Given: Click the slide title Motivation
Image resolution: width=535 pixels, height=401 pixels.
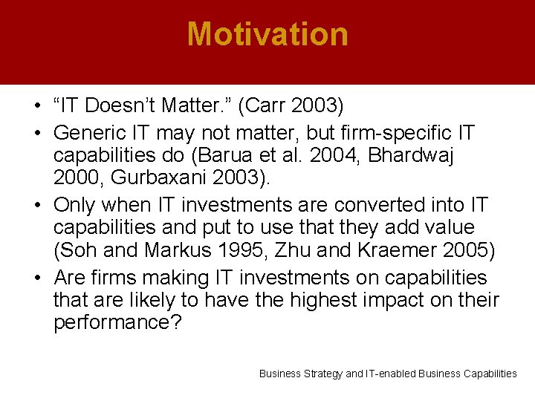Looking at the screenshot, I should [x=267, y=34].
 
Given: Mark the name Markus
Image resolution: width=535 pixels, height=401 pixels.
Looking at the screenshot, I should [x=172, y=250].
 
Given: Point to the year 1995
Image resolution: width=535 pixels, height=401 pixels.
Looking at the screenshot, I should [x=230, y=250].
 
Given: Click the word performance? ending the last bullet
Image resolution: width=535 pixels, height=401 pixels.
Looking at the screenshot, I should [x=117, y=323].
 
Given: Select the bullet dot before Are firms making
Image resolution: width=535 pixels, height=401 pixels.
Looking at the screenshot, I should [x=39, y=278].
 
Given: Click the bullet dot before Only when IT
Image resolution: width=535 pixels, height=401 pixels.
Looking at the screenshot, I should [x=39, y=205].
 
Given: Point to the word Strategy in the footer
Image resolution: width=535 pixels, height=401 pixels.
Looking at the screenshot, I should [x=323, y=374].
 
